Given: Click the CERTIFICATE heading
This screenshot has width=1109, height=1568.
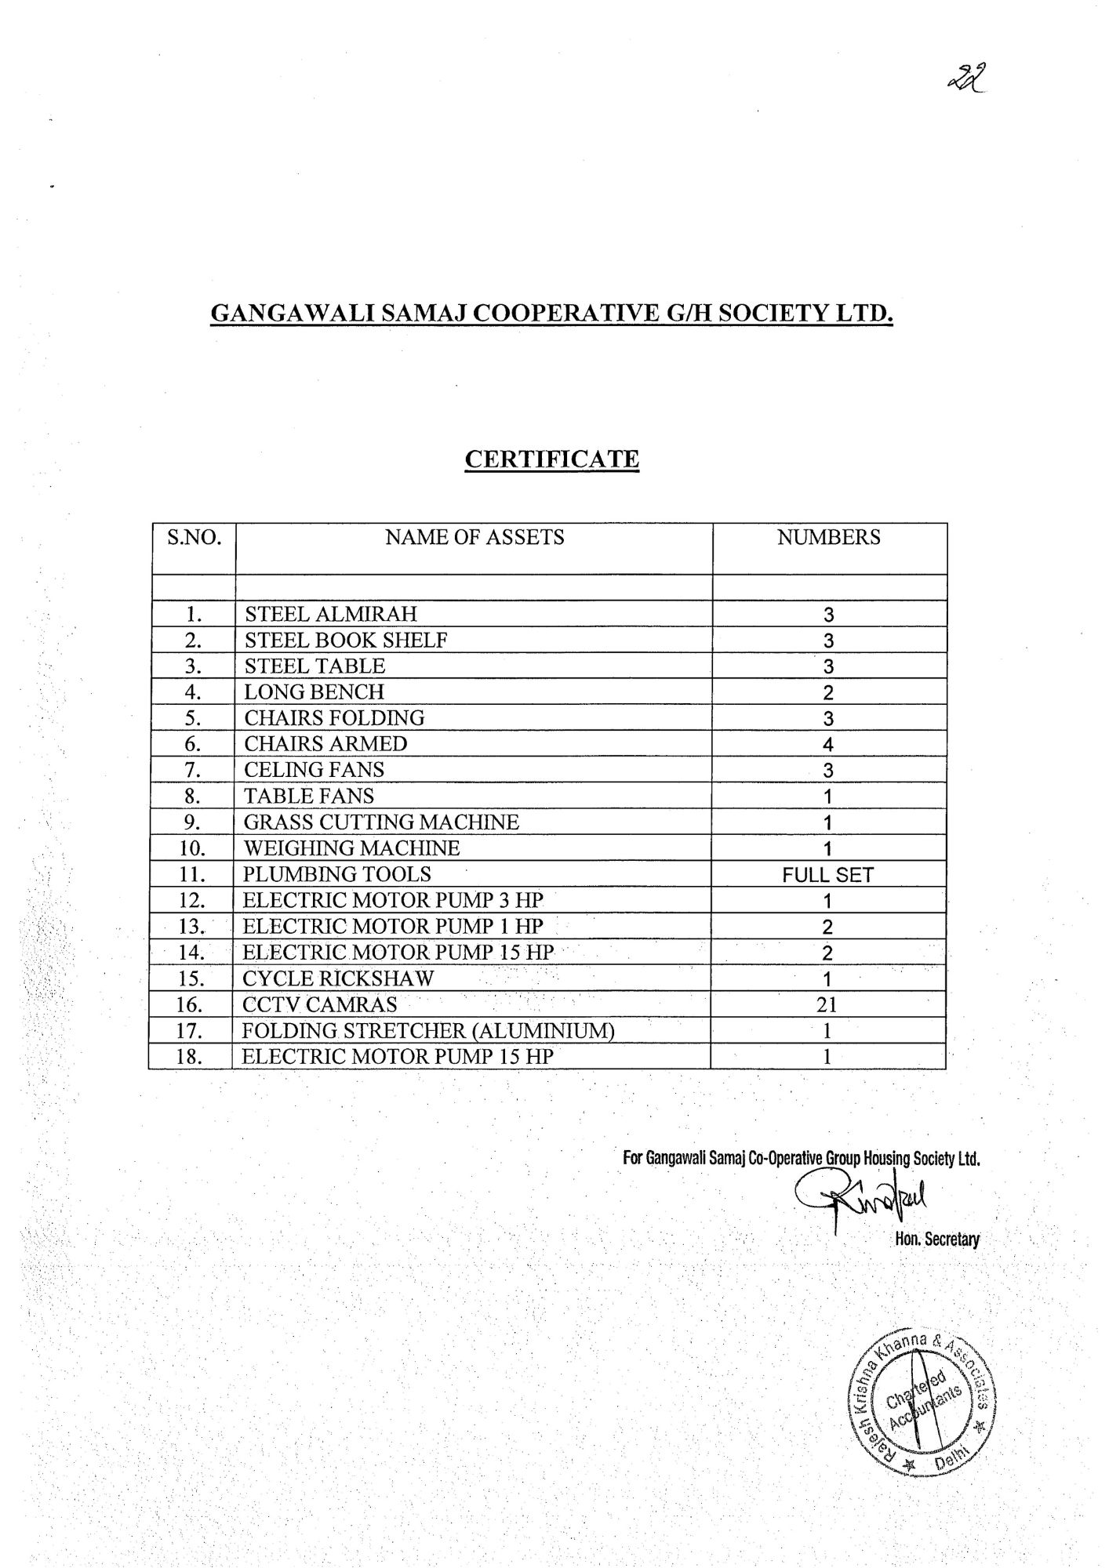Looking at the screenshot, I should click(551, 459).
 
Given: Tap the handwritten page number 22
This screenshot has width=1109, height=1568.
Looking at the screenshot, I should click(966, 79).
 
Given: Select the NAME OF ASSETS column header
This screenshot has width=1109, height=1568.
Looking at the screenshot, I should click(475, 537).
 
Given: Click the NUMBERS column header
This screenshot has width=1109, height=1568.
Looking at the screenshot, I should click(828, 537).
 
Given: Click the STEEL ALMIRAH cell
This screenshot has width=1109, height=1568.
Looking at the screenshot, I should click(331, 613).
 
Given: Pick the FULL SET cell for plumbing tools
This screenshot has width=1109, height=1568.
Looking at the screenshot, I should click(827, 875).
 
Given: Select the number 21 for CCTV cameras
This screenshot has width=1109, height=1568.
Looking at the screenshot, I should click(827, 1005).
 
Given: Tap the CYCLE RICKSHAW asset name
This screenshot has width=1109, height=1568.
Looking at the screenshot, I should click(338, 978).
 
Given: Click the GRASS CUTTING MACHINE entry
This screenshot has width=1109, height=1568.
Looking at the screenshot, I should click(381, 822).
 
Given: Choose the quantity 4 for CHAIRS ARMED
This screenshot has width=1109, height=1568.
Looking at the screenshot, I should click(827, 745).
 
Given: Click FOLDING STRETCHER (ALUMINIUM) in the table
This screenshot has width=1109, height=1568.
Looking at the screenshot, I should click(427, 1030).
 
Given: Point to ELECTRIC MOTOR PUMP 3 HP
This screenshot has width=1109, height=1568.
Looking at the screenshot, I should click(392, 900).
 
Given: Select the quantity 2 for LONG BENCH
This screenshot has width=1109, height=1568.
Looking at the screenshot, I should click(827, 693).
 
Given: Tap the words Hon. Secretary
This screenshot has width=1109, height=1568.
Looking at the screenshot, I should click(937, 1240).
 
